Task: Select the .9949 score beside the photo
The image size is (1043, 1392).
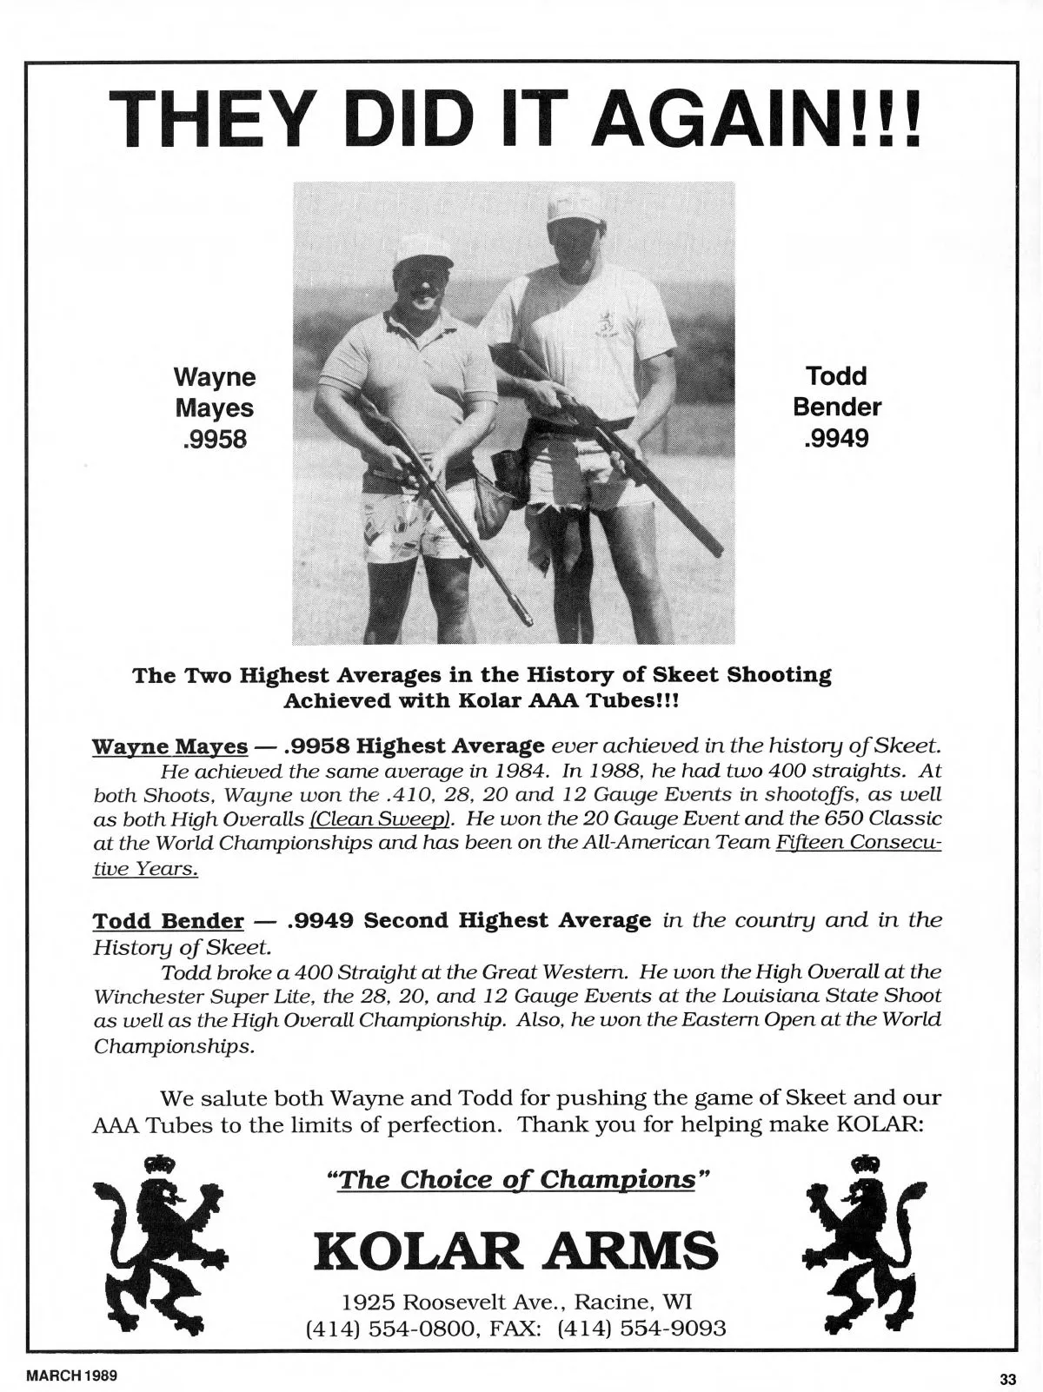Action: (836, 439)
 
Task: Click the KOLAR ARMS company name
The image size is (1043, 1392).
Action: (516, 1249)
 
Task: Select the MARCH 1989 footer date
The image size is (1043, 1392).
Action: (72, 1377)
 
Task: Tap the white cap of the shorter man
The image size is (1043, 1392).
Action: (424, 251)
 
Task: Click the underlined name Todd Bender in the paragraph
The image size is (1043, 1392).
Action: (168, 920)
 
